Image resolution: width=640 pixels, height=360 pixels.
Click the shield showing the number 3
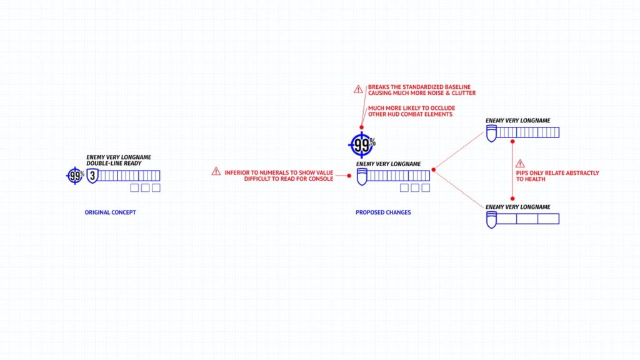92,176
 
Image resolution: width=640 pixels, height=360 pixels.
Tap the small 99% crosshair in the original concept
75,176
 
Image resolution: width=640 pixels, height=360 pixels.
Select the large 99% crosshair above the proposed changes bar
362,145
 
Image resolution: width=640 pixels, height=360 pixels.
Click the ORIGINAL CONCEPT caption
110,212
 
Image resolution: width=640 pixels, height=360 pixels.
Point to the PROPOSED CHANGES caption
383,212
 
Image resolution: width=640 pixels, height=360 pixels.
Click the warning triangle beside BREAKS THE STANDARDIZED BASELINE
358,89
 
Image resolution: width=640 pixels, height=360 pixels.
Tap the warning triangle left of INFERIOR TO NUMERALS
216,171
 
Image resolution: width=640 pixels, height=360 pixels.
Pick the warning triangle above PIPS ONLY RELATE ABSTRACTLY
520,164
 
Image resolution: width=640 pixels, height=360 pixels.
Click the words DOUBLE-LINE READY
114,163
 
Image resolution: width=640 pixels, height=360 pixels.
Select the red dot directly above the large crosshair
361,127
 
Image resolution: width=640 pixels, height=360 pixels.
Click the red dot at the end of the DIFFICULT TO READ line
349,176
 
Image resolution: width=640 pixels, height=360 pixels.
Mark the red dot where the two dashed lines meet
434,170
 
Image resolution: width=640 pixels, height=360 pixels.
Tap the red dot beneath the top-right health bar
512,142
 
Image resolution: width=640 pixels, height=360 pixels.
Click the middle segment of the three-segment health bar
527,219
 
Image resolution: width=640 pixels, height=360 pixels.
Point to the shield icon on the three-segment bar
491,220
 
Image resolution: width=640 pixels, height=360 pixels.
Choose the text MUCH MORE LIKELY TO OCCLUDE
411,108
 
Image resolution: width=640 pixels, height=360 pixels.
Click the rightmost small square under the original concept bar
156,187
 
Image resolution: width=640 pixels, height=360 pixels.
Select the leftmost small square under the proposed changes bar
404,187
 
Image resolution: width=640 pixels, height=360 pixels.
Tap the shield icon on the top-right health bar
491,134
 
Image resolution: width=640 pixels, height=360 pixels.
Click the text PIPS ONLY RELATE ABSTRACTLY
557,173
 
